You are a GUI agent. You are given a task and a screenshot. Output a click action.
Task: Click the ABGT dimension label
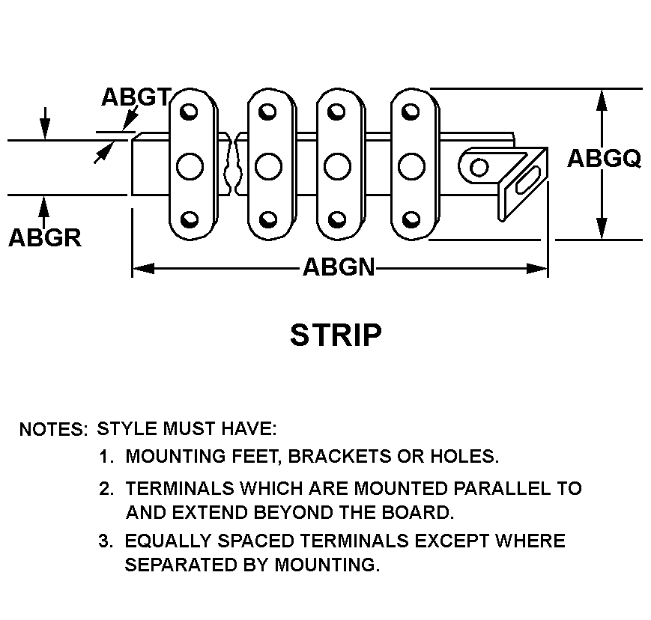(x=136, y=97)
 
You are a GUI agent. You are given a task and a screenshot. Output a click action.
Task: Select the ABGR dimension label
(x=44, y=237)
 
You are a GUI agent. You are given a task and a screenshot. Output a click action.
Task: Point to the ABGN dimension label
(x=339, y=267)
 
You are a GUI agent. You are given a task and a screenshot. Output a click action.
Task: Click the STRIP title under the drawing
(x=336, y=335)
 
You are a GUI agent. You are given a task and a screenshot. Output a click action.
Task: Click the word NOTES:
(x=53, y=430)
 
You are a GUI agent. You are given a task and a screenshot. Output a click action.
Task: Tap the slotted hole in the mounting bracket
(x=527, y=183)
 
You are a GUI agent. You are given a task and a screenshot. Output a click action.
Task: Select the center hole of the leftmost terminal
(x=190, y=165)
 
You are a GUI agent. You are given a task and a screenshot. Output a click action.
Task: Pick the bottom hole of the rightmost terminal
(x=409, y=220)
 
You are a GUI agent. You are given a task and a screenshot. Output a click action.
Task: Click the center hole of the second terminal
(x=267, y=165)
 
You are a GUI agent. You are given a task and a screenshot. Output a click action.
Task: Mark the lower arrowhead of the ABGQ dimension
(x=602, y=230)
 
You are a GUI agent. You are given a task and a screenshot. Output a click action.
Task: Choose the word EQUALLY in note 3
(x=161, y=541)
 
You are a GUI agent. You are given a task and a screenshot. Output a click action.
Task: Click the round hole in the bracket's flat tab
(x=476, y=166)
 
